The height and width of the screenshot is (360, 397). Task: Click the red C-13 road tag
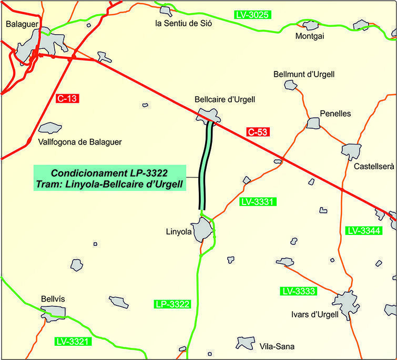click(x=66, y=98)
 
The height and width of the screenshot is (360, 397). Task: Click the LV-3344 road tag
click(x=364, y=231)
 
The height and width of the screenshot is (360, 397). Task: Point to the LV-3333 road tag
click(x=298, y=291)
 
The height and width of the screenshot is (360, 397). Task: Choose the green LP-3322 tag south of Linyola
click(x=172, y=304)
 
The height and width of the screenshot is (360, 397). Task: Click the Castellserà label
click(x=374, y=167)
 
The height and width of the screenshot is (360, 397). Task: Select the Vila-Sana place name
click(x=277, y=347)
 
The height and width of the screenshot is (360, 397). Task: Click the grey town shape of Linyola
click(x=202, y=231)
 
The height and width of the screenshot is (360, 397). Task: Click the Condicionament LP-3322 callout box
click(x=111, y=178)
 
